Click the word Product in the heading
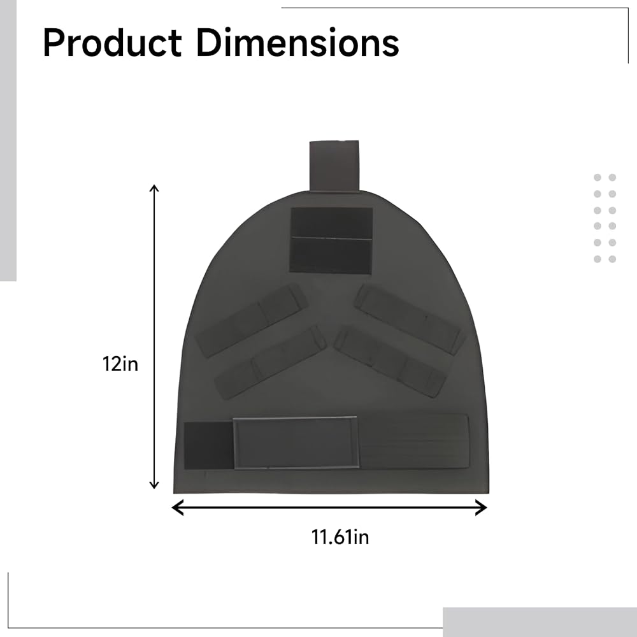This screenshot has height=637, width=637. pos(112,43)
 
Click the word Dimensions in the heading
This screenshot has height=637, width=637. pos(297,43)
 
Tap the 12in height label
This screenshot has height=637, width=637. pos(120,364)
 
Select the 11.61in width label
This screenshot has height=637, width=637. pos(340,536)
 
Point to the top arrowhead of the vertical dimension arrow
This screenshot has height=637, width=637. pos(154,188)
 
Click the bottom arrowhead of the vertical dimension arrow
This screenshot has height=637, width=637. pos(154,485)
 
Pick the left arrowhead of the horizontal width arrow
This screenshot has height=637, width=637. pos(177,508)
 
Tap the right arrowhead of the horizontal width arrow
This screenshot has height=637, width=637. pos(482,508)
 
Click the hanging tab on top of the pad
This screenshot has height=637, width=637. pos(334,166)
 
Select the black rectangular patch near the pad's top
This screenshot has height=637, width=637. pos(331,240)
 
